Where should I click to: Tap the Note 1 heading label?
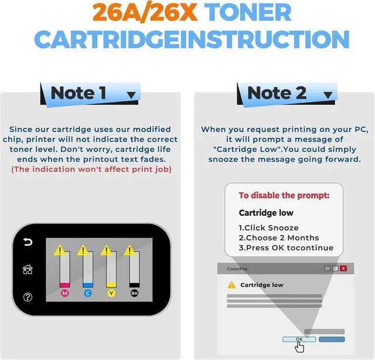(x=79, y=93)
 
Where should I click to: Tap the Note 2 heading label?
(x=277, y=93)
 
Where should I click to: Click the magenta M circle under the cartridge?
(x=64, y=293)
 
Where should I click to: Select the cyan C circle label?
(x=88, y=293)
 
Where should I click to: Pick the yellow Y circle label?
(x=111, y=293)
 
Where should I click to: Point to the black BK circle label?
(x=134, y=293)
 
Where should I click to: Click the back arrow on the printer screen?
(x=28, y=242)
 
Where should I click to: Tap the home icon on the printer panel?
(x=28, y=269)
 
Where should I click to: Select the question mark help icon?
(x=28, y=297)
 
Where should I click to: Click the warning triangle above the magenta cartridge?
(x=60, y=250)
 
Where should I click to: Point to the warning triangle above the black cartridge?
(x=129, y=250)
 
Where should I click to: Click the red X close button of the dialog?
(x=343, y=268)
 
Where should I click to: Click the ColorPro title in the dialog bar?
(x=237, y=269)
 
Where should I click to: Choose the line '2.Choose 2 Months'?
(x=278, y=237)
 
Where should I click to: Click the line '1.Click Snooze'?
(x=268, y=227)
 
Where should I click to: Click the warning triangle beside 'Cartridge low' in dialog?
(x=232, y=285)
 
